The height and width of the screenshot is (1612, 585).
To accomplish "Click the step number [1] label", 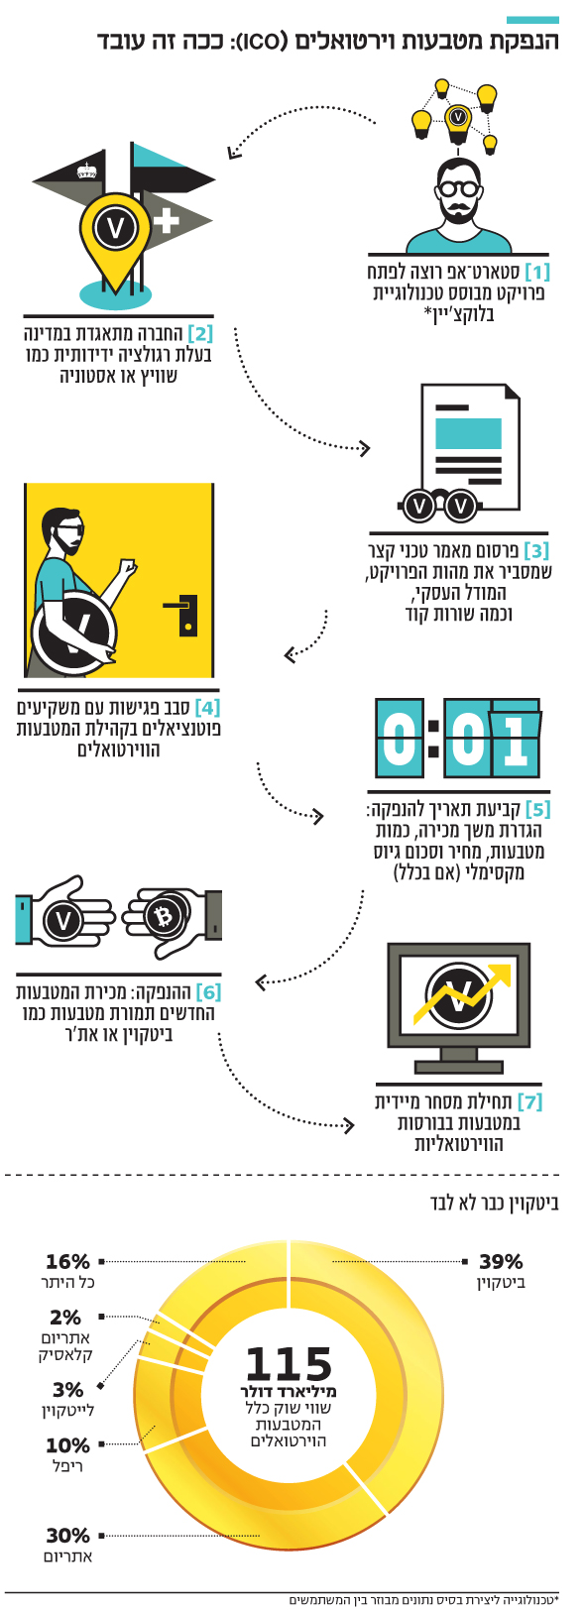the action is tap(536, 272).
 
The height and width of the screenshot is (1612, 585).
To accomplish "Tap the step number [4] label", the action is tap(208, 708).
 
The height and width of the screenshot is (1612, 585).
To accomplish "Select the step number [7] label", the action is tap(529, 1101).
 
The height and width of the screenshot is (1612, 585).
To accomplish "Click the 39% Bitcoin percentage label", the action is tap(501, 1261).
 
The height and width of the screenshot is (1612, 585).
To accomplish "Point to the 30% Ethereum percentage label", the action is tap(67, 1536).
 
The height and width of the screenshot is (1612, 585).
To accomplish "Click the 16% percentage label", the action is tap(67, 1261).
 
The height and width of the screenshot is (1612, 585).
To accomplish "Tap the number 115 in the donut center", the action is tap(289, 1364).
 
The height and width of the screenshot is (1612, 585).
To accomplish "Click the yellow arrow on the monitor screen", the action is tap(461, 992).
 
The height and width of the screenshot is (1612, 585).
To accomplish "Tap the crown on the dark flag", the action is tap(86, 171).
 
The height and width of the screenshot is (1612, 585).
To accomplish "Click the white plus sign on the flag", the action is tap(166, 219).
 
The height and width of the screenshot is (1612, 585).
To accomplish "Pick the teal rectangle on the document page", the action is tap(468, 433).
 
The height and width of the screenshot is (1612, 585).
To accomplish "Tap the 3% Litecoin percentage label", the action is tap(67, 1390).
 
